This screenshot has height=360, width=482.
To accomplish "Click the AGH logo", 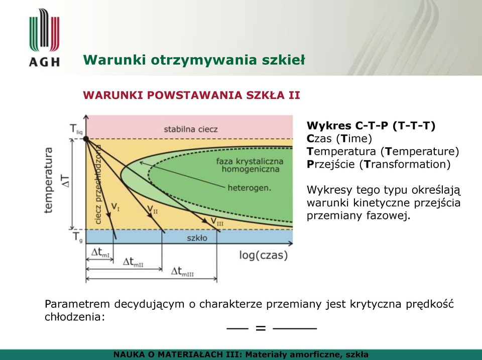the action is click(x=45, y=38).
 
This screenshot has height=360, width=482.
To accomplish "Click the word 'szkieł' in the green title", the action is click(x=283, y=60).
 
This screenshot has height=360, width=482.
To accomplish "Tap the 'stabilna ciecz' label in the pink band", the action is click(x=191, y=129).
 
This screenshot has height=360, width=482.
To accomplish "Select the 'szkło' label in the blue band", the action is click(x=197, y=238).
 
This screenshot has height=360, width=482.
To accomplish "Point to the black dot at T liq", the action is click(x=86, y=139).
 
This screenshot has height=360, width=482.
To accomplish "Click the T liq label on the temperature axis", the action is click(x=76, y=129).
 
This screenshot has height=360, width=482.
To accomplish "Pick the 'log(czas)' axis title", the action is click(x=264, y=255).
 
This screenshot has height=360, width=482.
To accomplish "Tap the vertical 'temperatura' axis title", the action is click(x=49, y=180).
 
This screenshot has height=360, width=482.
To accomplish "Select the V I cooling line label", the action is click(x=115, y=206).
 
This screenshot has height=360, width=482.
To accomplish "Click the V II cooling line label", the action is click(x=152, y=209).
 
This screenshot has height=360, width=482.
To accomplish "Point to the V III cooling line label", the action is click(x=217, y=221).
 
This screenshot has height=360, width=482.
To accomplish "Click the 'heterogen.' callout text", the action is click(x=250, y=188).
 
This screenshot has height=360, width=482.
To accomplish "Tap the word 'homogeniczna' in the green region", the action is click(x=251, y=169).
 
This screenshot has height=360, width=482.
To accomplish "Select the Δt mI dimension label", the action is click(x=100, y=253).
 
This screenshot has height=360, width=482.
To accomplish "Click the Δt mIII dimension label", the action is click(x=182, y=272).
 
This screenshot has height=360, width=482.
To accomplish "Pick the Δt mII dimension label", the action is click(x=133, y=262).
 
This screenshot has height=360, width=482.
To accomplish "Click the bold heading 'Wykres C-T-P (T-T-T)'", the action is click(x=371, y=126).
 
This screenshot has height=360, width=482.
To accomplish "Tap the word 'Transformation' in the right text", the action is click(x=407, y=164).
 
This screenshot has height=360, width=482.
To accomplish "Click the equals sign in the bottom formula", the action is click(x=261, y=328).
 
